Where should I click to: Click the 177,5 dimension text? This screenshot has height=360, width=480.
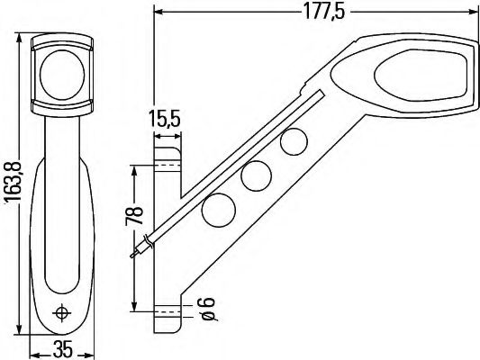316,12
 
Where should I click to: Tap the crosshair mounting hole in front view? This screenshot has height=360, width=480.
63,313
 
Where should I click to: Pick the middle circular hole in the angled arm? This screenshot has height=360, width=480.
258,175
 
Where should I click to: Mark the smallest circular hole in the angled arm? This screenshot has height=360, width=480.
293,141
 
